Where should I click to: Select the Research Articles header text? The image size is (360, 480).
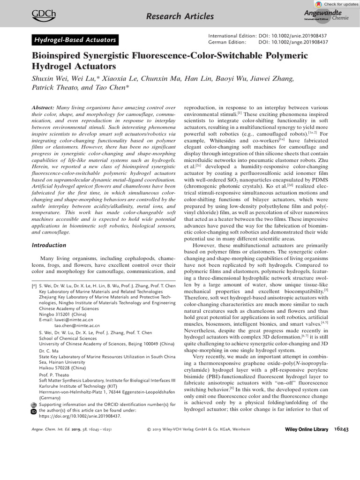click(180, 17)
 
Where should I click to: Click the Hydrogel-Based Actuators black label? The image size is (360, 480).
click(75, 40)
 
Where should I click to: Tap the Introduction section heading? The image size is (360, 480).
click(49, 245)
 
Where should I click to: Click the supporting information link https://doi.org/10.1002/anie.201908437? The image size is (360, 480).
click(76, 416)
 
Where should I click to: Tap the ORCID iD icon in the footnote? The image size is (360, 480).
click(33, 411)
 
